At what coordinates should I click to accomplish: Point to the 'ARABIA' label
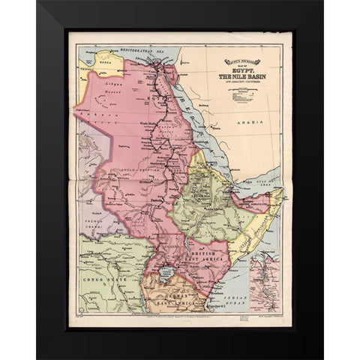(246, 121)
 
